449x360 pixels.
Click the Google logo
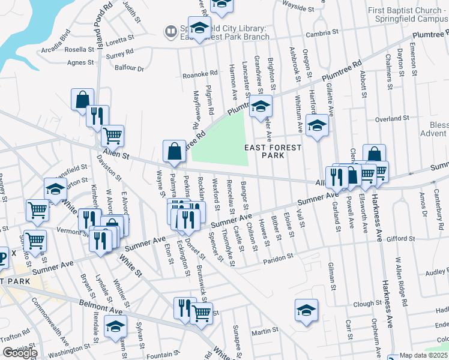[x=19, y=352]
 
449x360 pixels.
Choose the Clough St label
[x=364, y=304]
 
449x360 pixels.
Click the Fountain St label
[x=159, y=355]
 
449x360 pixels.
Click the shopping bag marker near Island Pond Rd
[x=82, y=100]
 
